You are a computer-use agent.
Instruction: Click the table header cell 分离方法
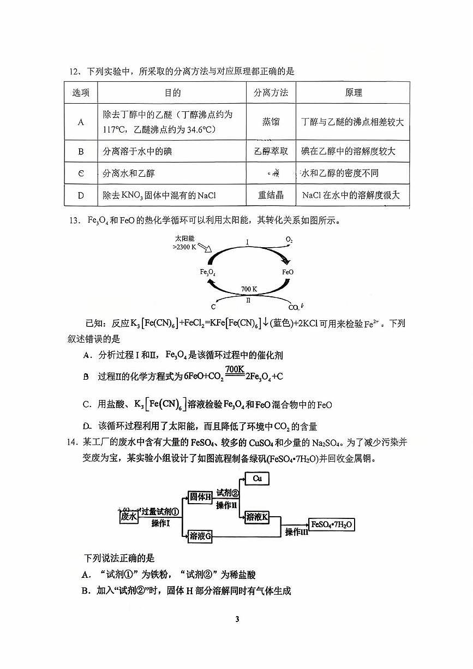click(x=271, y=93)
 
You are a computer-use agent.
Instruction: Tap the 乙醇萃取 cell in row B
click(x=271, y=151)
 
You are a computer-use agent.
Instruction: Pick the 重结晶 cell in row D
click(x=271, y=195)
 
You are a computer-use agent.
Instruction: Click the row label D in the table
click(x=81, y=195)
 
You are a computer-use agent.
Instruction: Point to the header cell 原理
click(x=353, y=93)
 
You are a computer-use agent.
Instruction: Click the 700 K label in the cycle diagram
click(x=249, y=288)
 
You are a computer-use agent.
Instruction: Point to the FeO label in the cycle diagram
click(x=288, y=272)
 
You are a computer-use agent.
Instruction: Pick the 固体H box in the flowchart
click(x=200, y=497)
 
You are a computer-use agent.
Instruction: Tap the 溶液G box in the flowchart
click(x=200, y=536)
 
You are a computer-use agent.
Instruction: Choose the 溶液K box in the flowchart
click(x=257, y=517)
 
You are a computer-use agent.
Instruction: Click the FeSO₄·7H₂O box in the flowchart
click(x=332, y=524)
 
